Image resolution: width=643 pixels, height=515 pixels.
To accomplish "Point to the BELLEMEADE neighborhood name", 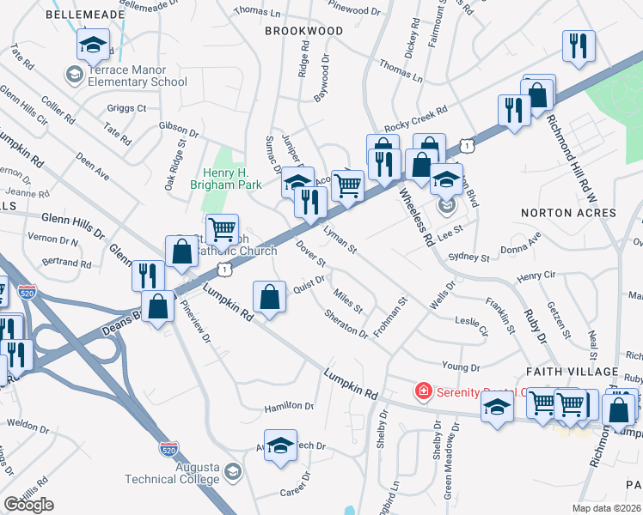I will click(78, 15).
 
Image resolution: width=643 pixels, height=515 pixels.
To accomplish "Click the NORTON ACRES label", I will click(556, 211).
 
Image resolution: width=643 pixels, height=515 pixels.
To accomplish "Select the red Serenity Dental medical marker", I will click(422, 391).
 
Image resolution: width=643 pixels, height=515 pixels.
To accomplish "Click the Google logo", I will click(29, 505).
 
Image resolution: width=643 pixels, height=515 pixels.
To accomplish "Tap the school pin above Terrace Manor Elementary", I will click(94, 44).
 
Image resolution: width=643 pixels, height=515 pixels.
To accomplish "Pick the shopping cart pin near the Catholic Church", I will click(223, 228).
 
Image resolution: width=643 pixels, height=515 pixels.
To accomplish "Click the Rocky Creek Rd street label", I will click(416, 112).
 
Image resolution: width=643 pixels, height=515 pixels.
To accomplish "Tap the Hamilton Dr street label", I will click(278, 405).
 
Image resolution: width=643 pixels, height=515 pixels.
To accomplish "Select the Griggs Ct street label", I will click(126, 109).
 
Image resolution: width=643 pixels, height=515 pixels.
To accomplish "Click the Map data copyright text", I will click(607, 508).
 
